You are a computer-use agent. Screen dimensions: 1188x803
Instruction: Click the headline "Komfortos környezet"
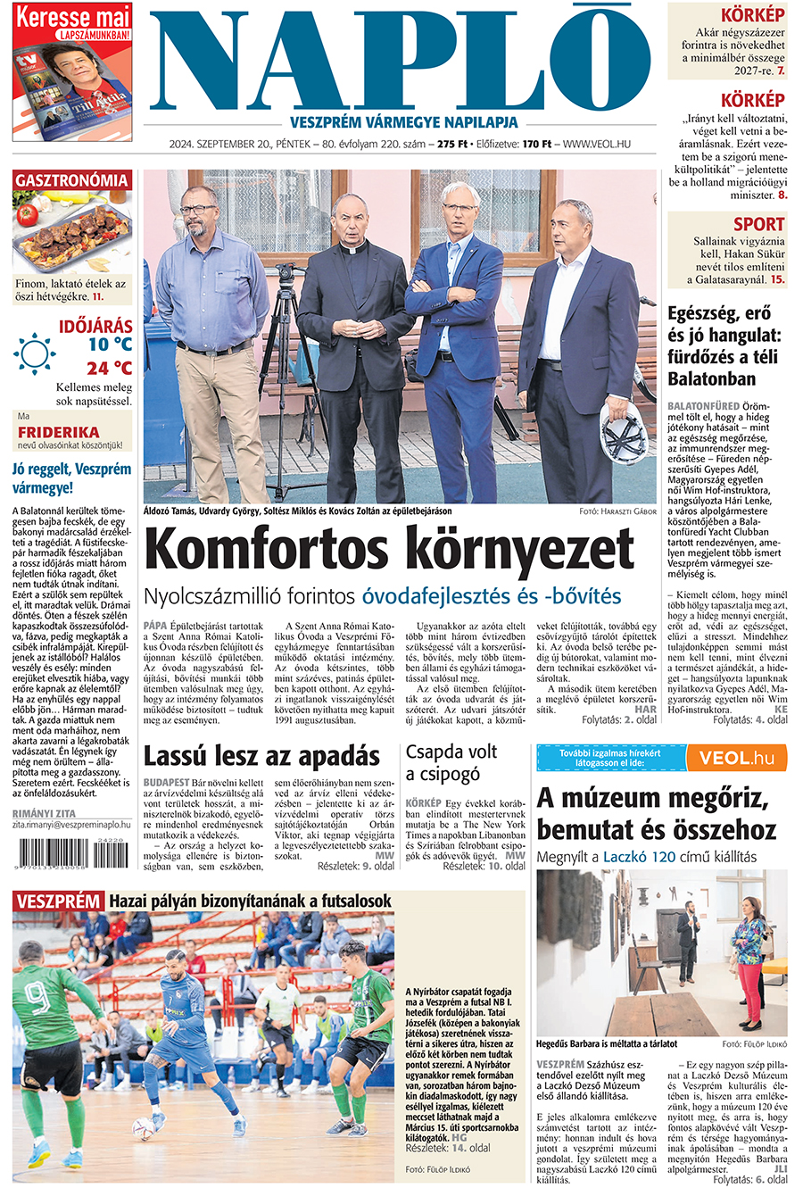[389, 548]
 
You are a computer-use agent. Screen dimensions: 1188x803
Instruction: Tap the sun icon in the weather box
[35, 353]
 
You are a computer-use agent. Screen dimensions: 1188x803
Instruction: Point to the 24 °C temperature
[109, 368]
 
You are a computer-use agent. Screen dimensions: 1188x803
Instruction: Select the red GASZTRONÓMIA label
[71, 180]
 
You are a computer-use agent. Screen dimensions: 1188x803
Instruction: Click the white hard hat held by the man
[622, 433]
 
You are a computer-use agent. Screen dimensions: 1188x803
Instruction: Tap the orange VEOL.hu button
[736, 758]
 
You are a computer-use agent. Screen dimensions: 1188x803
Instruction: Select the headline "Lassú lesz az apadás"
[261, 757]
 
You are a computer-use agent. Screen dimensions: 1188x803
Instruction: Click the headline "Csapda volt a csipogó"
[451, 762]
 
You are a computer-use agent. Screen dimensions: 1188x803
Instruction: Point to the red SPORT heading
[758, 224]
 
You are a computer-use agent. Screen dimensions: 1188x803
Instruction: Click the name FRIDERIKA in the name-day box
[70, 432]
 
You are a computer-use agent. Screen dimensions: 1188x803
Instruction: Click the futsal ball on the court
[143, 1128]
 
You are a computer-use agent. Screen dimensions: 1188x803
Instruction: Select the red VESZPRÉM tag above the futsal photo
[58, 901]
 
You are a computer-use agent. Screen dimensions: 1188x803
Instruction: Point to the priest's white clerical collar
[356, 251]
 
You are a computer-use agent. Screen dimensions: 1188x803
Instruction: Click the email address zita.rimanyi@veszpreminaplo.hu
[71, 826]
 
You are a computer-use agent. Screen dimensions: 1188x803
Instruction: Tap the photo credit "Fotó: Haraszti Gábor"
[617, 511]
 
